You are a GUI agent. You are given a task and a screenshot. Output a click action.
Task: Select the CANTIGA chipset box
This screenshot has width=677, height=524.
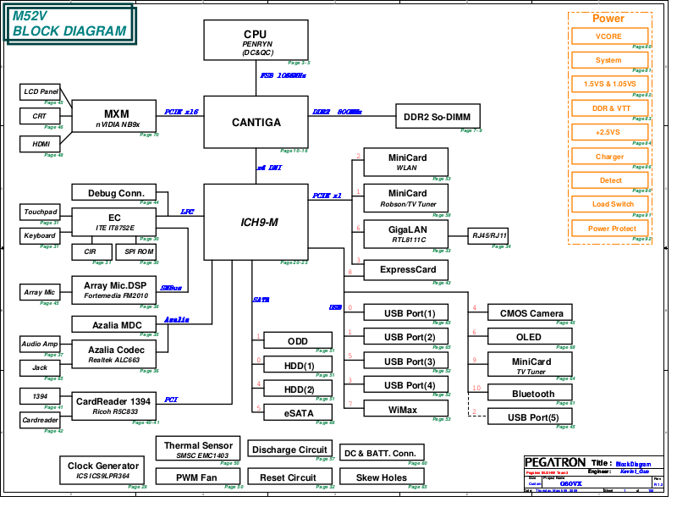[x=256, y=123]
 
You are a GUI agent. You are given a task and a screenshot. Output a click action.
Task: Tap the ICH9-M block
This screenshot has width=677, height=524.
[x=256, y=222]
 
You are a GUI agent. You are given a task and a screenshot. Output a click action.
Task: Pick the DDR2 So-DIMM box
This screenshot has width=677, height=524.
[x=438, y=117]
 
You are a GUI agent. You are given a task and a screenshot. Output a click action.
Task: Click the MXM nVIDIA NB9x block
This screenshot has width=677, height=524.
[x=116, y=118]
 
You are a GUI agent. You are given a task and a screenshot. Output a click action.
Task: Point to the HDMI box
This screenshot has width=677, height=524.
[x=40, y=144]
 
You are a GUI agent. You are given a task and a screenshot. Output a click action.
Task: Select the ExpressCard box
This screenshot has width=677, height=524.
[x=406, y=270]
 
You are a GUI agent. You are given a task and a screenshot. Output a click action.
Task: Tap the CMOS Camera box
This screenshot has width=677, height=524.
[x=531, y=313]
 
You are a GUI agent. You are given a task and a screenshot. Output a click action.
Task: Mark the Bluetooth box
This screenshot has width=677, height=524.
[x=533, y=394]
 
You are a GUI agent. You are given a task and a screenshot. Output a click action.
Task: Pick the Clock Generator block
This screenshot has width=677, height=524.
[x=104, y=471]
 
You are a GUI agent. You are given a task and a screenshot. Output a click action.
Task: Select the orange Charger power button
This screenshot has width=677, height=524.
[x=609, y=157]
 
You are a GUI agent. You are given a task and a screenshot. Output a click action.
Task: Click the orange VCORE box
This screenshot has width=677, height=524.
[x=609, y=36]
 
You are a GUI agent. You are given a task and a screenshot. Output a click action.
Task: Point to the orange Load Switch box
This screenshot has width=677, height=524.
[x=609, y=204]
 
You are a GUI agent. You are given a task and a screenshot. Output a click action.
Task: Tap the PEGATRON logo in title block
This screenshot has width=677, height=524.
[x=555, y=462]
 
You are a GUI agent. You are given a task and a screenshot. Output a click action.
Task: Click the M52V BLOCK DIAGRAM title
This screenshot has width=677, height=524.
[x=69, y=24]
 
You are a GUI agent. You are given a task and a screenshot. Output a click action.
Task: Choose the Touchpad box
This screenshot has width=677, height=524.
[x=40, y=212]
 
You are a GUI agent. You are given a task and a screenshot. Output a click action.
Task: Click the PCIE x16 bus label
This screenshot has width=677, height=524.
[x=181, y=112]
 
